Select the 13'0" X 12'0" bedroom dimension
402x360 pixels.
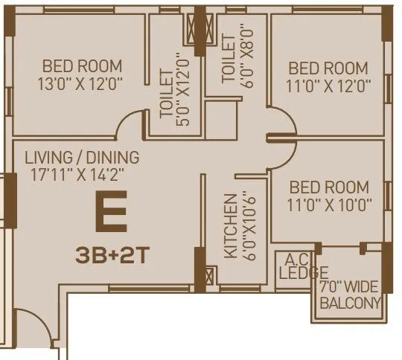tap(82, 83)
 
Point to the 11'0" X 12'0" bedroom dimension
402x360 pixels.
tap(328, 86)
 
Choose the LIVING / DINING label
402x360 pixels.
tap(82, 158)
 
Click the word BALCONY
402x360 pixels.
tap(351, 303)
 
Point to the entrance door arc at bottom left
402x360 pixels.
tap(28, 327)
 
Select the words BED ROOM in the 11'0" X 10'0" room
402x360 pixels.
tap(329, 186)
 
